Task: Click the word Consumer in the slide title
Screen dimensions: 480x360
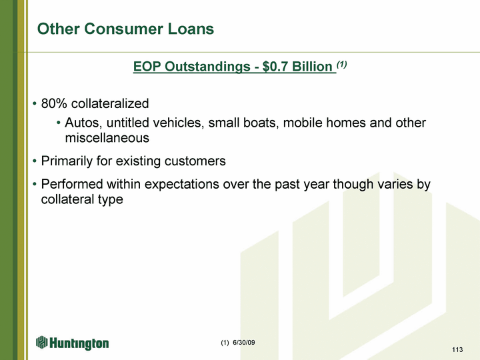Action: tap(124, 29)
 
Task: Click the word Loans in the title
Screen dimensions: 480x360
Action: tap(191, 29)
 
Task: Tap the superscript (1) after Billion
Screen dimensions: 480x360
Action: tap(341, 64)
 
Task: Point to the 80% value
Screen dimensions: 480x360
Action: tap(54, 103)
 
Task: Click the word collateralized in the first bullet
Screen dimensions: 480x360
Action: tap(110, 103)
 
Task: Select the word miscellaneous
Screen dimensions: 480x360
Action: tap(107, 138)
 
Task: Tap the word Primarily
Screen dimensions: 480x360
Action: tap(67, 161)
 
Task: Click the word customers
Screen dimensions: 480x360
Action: tap(195, 161)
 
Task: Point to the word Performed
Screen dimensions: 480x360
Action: tap(72, 184)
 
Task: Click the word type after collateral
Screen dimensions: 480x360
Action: tap(111, 200)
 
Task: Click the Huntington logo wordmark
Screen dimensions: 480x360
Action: tap(79, 343)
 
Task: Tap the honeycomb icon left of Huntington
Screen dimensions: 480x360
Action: tap(42, 342)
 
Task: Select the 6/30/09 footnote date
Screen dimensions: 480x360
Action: tap(244, 343)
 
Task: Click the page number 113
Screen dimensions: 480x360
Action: tap(457, 349)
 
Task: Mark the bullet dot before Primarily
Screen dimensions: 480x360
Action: tap(35, 161)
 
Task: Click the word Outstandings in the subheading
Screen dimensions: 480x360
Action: tap(207, 67)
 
